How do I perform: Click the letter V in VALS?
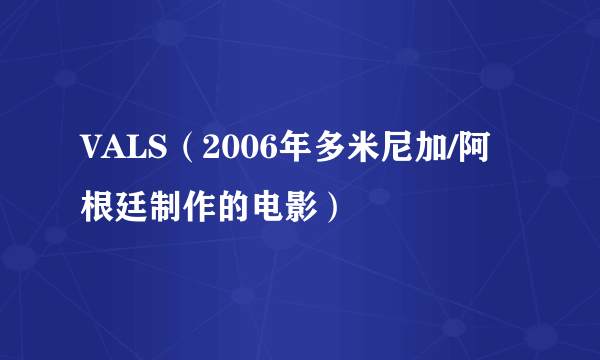(92, 153)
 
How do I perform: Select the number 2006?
(228, 153)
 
